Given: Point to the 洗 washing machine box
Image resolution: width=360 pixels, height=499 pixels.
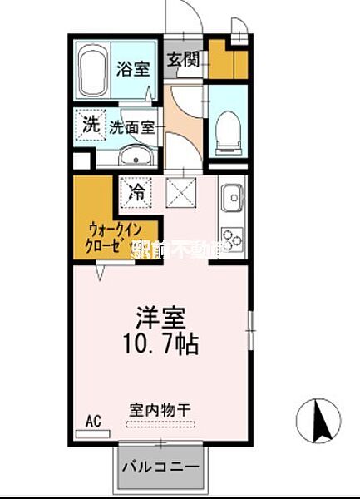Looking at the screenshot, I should click(90, 126).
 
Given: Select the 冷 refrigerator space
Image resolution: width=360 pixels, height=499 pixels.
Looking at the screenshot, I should click(136, 192).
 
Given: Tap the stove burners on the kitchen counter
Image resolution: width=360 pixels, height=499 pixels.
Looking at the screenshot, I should click(231, 237).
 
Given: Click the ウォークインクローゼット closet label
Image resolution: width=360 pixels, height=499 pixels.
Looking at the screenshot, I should click(109, 240).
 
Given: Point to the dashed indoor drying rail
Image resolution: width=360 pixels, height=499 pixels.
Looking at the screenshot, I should click(161, 424).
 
